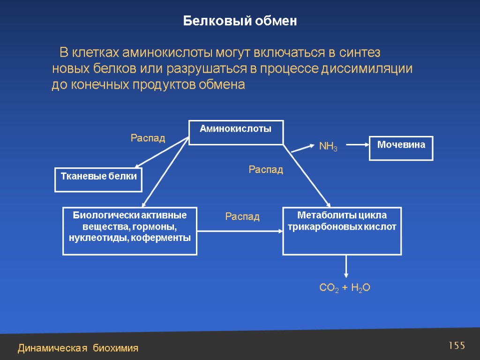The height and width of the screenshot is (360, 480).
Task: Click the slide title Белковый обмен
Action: point(240,21)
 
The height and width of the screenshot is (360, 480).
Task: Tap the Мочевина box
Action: point(401,148)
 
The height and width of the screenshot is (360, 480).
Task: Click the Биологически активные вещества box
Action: point(130,231)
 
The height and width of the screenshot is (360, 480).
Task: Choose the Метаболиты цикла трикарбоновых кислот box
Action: point(342,231)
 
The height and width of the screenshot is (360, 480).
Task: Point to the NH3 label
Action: point(328,147)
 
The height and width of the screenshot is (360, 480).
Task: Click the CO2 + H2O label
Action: point(345,288)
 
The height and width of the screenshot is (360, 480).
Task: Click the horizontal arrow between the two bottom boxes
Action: point(240,231)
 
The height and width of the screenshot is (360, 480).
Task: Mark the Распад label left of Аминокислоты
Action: point(148,138)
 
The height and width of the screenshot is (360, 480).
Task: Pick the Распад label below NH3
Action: point(266,170)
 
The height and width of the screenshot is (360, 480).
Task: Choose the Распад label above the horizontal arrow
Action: point(242,217)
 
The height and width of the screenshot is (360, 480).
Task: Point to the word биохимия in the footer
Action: point(115,348)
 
